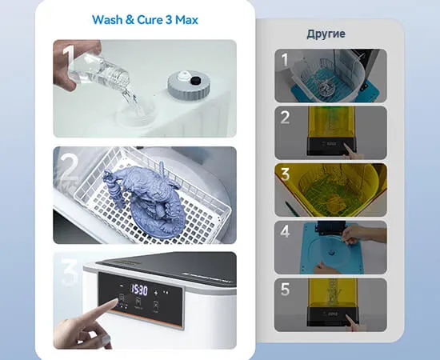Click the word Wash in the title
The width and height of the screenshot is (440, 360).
click(107, 20)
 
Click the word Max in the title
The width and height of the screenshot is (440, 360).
click(186, 20)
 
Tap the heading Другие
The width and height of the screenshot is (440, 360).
click(326, 34)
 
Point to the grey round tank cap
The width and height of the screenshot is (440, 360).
click(189, 85)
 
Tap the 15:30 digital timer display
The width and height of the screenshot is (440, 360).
click(138, 290)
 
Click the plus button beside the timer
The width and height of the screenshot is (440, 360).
click(156, 293)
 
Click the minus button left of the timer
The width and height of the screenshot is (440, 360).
click(122, 286)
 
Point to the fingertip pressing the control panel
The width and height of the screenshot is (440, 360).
click(114, 302)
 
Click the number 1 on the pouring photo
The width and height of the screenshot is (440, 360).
click(68, 58)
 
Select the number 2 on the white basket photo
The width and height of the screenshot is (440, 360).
click(68, 167)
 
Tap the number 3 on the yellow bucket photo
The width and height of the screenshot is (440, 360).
click(285, 174)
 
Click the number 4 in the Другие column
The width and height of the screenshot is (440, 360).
click(285, 231)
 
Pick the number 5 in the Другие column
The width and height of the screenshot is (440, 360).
click(285, 290)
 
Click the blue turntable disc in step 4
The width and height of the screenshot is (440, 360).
click(332, 252)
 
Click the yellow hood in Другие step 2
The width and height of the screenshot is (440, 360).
click(331, 122)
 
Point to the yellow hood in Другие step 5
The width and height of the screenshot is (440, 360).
click(333, 292)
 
